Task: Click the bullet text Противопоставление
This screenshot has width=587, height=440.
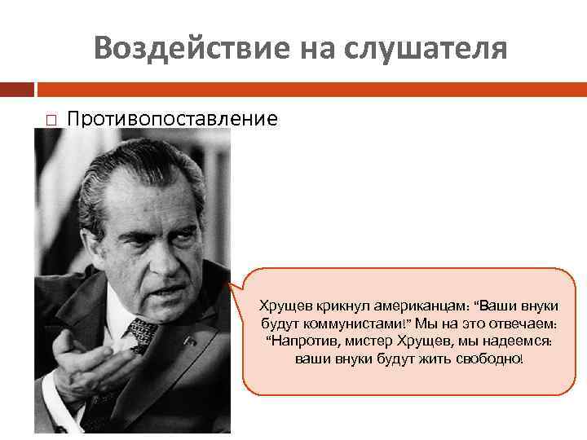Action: [172, 120]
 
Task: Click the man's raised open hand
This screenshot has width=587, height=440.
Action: [78, 359]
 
